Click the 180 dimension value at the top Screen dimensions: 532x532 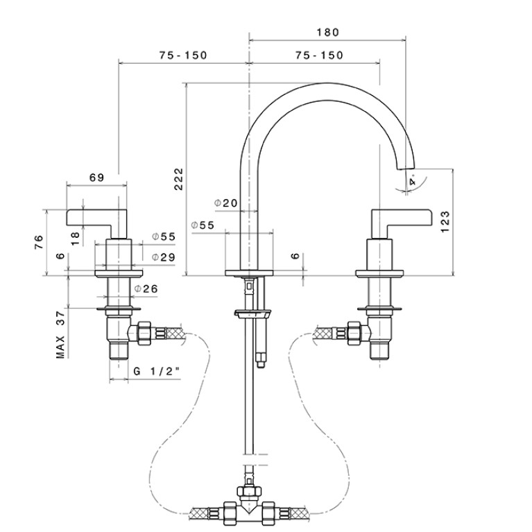pos(328,32)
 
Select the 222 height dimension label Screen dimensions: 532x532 pos(178,179)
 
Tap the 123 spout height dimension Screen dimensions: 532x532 pos(445,221)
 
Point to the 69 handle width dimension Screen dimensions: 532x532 pos(96,178)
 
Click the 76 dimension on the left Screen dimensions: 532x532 pos(39,242)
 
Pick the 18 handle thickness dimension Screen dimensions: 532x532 pos(76,238)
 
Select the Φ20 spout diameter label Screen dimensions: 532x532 pos(226,203)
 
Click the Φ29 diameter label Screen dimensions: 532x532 pos(164,257)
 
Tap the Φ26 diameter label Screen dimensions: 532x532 pos(146,289)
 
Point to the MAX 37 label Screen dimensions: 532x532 pos(60,334)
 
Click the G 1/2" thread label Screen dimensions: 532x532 pos(157,371)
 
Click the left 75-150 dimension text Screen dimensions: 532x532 pos(183,55)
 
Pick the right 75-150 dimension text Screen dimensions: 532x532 pos(319,55)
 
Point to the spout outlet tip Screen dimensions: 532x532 pos(406,168)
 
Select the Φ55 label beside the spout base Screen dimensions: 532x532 pos(203,225)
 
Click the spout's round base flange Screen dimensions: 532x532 pos(249,273)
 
